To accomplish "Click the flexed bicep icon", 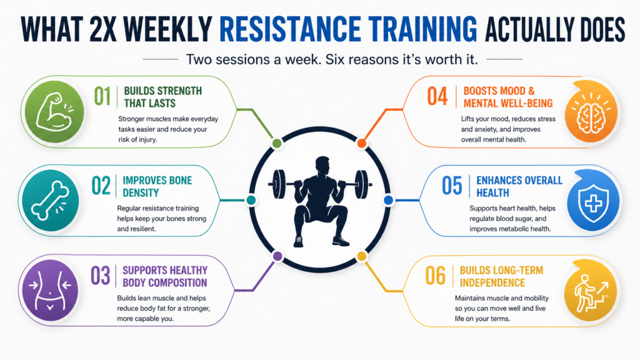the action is [x=54, y=111].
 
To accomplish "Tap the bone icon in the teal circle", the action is [x=50, y=201].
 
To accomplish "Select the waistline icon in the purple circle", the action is [x=50, y=290].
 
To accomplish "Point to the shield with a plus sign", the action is [x=593, y=203].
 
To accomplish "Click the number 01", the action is [x=102, y=97].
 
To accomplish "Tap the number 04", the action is [x=437, y=97].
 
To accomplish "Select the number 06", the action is [x=435, y=276].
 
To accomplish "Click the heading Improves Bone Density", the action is [x=157, y=186].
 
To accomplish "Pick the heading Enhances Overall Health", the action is [x=519, y=186].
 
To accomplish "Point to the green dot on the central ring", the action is [x=277, y=143].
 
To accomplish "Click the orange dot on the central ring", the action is [x=362, y=143].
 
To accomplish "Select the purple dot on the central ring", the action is [x=277, y=256].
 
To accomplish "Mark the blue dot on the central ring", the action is [x=389, y=200].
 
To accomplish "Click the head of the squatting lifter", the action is [x=322, y=166].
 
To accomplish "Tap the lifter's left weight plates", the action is [x=279, y=184].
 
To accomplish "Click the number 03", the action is [x=101, y=276].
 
